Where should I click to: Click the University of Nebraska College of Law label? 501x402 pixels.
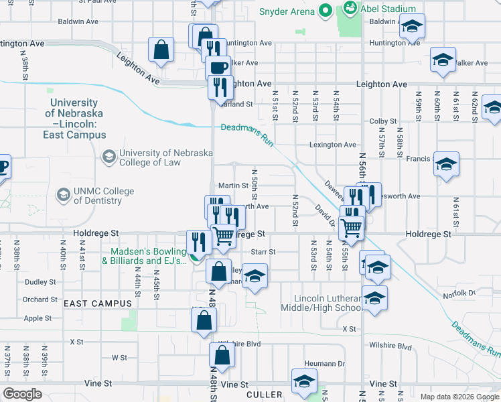(165, 157)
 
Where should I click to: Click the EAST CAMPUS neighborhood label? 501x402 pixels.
(98, 304)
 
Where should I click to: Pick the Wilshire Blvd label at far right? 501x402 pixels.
(390, 346)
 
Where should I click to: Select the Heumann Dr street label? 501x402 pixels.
(324, 363)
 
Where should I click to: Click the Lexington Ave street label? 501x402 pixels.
(332, 145)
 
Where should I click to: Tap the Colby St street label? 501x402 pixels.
(383, 121)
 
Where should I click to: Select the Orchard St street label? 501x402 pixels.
(40, 299)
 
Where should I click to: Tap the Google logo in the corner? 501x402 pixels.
(22, 394)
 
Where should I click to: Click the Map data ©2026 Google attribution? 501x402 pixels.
(459, 397)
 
